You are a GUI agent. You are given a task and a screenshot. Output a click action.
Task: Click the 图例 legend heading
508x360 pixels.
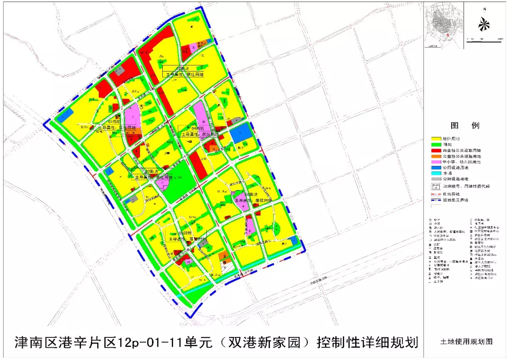tap(465, 126)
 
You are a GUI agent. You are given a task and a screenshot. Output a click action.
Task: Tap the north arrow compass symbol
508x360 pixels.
tap(484, 24)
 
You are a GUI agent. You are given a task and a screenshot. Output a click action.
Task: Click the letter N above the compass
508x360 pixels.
tap(484, 8)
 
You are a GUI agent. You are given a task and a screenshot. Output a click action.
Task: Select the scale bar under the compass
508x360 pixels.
tap(484, 41)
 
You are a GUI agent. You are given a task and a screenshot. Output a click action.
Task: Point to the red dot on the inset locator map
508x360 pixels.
tap(448, 35)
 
